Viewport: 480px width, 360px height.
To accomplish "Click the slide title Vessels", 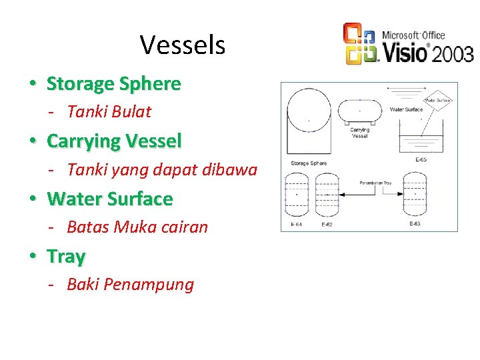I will coord(183,45).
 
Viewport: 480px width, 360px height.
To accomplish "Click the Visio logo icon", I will coord(361,44).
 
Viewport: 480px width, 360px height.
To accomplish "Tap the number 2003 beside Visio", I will coord(453,53).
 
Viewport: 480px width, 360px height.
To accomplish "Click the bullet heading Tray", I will coord(66,257).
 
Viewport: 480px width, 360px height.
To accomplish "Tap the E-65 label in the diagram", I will coord(421,159).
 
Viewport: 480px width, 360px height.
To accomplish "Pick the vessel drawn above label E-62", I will coord(327,194).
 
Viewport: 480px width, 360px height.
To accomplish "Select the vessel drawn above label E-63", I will coord(415,194).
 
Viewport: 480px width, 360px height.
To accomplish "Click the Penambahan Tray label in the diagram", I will coord(375,182).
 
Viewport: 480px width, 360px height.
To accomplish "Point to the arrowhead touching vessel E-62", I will coord(343,194).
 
